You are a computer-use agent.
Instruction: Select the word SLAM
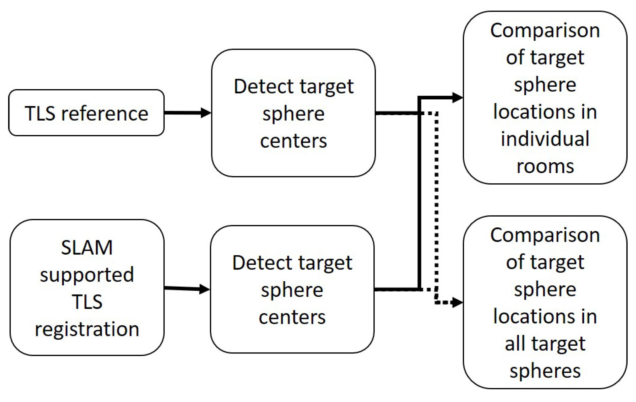pos(87,248)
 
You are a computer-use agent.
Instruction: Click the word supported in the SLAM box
pos(87,275)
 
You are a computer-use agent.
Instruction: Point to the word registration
pos(87,329)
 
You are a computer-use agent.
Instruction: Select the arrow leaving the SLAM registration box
pos(187,289)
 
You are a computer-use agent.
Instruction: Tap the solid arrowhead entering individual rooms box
pos(457,98)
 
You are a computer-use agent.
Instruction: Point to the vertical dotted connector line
pos(437,206)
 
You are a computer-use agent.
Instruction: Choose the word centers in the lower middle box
pos(292,317)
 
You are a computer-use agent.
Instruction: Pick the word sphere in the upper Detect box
pos(293,114)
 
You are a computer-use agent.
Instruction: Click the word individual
pos(545,139)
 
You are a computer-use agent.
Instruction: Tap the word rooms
pos(545,166)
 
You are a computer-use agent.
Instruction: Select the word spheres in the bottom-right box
pos(545,371)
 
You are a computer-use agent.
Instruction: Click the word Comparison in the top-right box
pos(545,31)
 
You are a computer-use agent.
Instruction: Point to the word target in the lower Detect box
pos(325,263)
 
